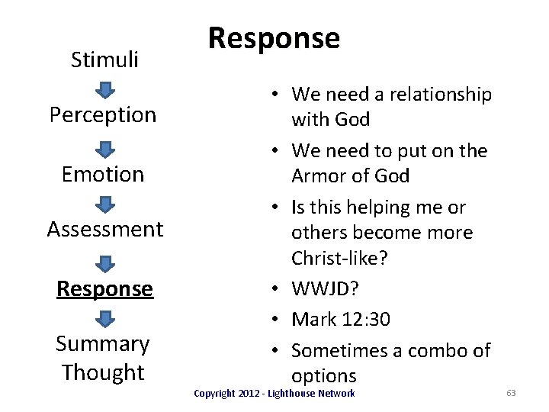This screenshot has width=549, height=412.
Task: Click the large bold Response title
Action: (x=274, y=38)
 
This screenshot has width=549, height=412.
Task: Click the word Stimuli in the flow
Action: (x=104, y=59)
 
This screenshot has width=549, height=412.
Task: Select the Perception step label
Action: (x=103, y=115)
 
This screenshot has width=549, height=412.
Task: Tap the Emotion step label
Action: (x=103, y=174)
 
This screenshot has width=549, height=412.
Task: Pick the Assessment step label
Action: (x=104, y=229)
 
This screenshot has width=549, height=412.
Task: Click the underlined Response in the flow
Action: (x=104, y=289)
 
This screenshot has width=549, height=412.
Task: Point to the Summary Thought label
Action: (x=103, y=358)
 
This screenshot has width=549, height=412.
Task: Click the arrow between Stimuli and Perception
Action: (x=105, y=91)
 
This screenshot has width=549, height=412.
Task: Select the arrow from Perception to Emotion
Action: (x=105, y=148)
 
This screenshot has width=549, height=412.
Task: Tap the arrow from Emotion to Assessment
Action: (x=105, y=204)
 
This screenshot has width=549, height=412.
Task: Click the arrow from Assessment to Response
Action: (x=105, y=263)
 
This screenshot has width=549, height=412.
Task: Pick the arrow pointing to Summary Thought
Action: (x=105, y=318)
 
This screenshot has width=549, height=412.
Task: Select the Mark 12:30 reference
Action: (x=341, y=319)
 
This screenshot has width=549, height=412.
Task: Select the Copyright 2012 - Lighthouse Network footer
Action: (x=274, y=393)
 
